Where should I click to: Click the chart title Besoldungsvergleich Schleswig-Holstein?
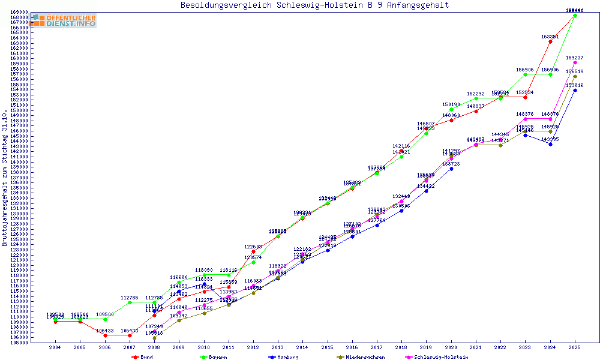(x=314, y=5)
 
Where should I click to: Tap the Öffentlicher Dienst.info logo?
(x=64, y=20)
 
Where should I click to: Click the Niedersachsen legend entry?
(x=360, y=357)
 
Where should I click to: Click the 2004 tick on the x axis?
(x=55, y=347)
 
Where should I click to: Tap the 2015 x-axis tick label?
(x=327, y=347)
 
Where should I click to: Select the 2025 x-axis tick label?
(x=575, y=347)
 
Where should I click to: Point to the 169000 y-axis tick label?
(x=19, y=12)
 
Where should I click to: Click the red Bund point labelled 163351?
(x=550, y=41)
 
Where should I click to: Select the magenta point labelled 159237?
(x=575, y=62)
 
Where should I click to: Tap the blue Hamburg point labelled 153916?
(x=575, y=90)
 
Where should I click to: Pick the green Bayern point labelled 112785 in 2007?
(x=130, y=302)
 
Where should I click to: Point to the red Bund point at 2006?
(x=105, y=335)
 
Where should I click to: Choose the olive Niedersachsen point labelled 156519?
(x=575, y=76)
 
